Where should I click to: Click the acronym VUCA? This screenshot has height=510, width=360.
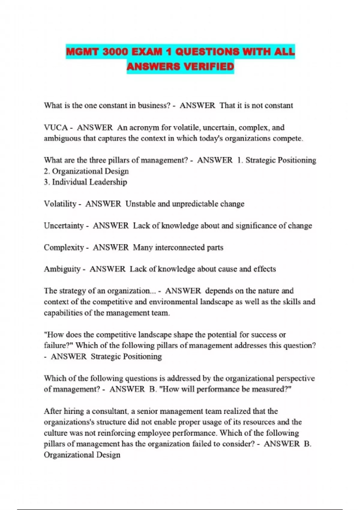pos(56,127)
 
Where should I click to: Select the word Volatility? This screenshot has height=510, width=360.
pos(60,204)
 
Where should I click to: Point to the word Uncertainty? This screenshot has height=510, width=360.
pos(64,226)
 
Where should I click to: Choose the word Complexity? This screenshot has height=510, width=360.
pos(64,247)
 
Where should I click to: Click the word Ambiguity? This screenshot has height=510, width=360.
pos(62,269)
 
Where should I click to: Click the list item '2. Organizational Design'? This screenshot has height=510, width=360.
pos(86,171)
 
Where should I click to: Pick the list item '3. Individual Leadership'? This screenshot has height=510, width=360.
pos(85,182)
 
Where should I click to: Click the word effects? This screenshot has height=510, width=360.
pos(264,269)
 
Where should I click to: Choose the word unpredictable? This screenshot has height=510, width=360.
pos(195,204)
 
